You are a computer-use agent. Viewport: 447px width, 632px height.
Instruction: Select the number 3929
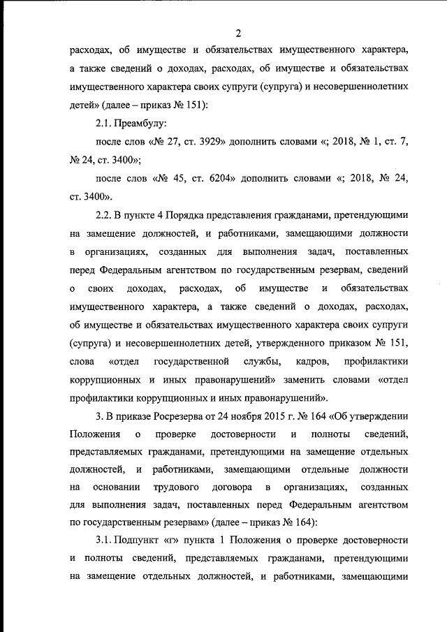pos(210,142)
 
